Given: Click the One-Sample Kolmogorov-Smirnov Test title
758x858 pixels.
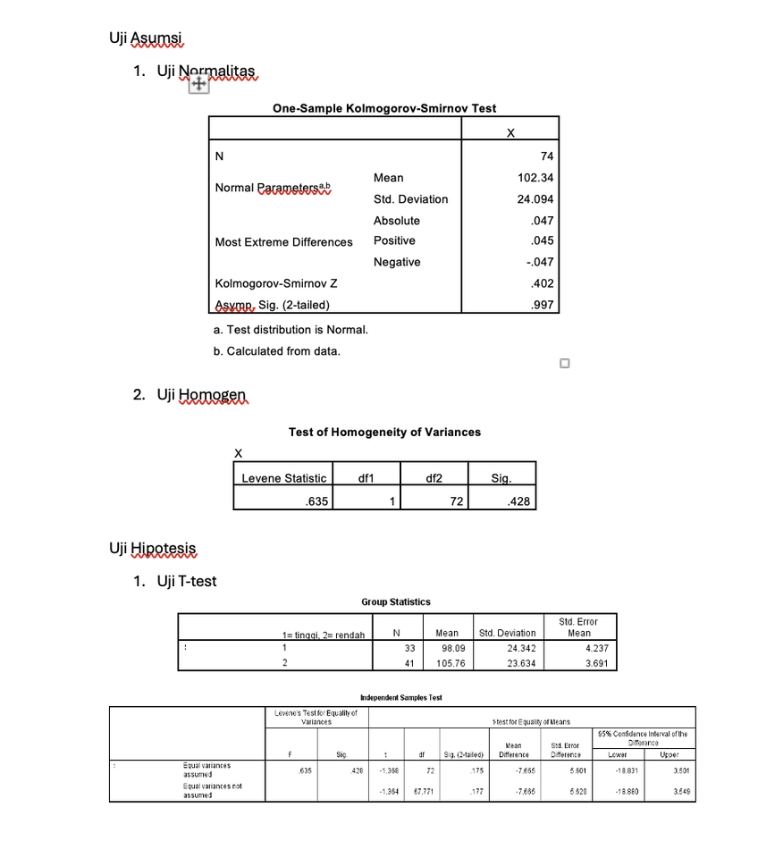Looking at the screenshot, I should point(383,108).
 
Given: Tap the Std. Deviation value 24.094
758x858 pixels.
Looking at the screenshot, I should point(535,199).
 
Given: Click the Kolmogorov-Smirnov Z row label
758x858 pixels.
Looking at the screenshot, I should point(276,283).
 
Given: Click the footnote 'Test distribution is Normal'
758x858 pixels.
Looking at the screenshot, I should point(291,330).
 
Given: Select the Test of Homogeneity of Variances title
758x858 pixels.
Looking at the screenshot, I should point(384,432).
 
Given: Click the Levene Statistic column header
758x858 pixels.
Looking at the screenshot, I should point(283,478).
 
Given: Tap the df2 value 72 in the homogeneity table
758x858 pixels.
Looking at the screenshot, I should point(455,501).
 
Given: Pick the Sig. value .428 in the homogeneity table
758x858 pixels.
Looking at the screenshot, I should point(518,501).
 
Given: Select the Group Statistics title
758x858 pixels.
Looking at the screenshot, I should point(395,602).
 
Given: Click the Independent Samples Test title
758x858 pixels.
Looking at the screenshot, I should point(400,697).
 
